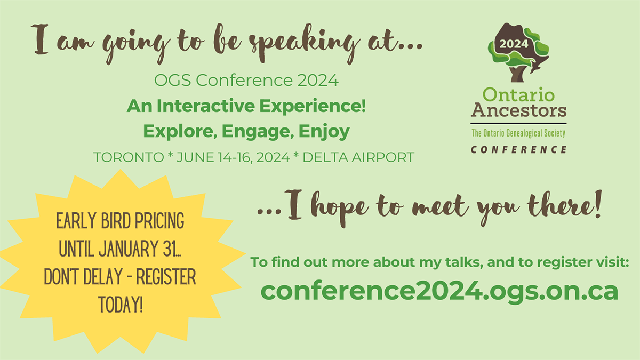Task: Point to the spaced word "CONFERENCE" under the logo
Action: tap(518, 149)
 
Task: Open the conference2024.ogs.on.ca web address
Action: tap(439, 291)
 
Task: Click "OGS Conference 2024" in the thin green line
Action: tap(246, 82)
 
